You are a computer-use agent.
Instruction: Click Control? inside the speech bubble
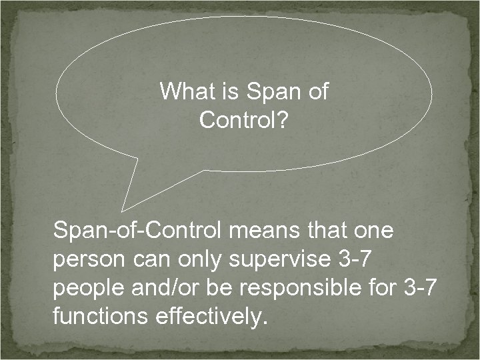(x=244, y=121)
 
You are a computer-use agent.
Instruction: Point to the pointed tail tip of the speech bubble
(x=123, y=210)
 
